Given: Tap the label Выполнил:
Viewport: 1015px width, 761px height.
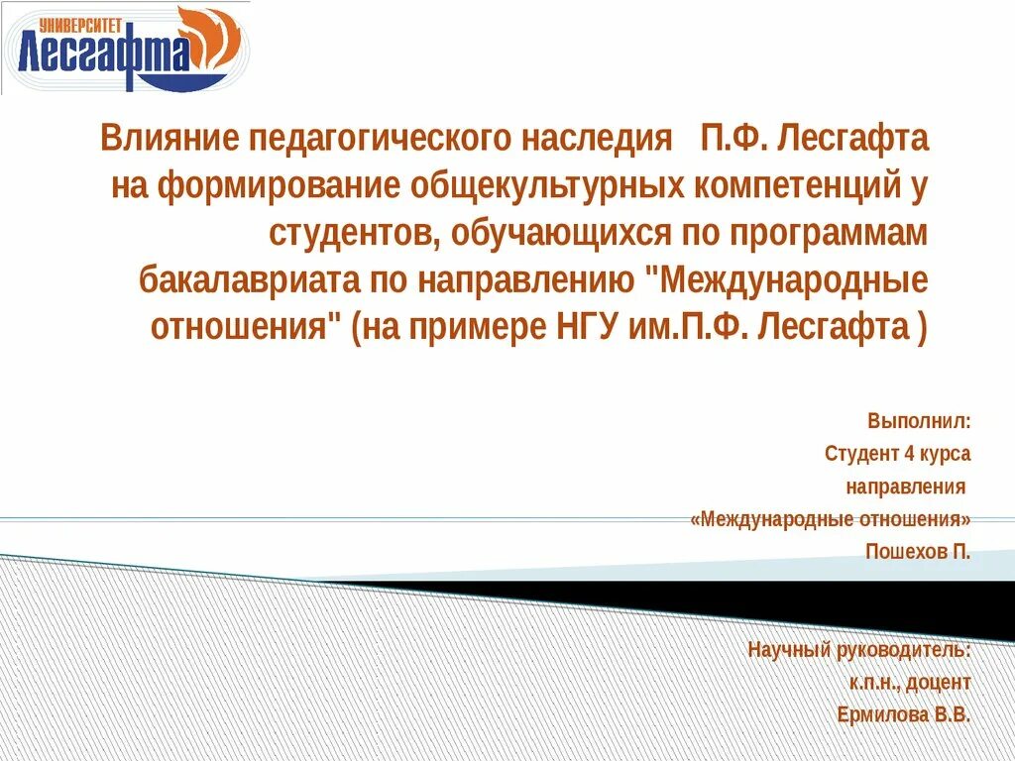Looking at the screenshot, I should [919, 421].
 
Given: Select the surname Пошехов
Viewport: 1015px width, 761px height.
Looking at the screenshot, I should [906, 551].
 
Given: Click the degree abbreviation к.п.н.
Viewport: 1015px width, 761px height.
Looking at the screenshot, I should [871, 683].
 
